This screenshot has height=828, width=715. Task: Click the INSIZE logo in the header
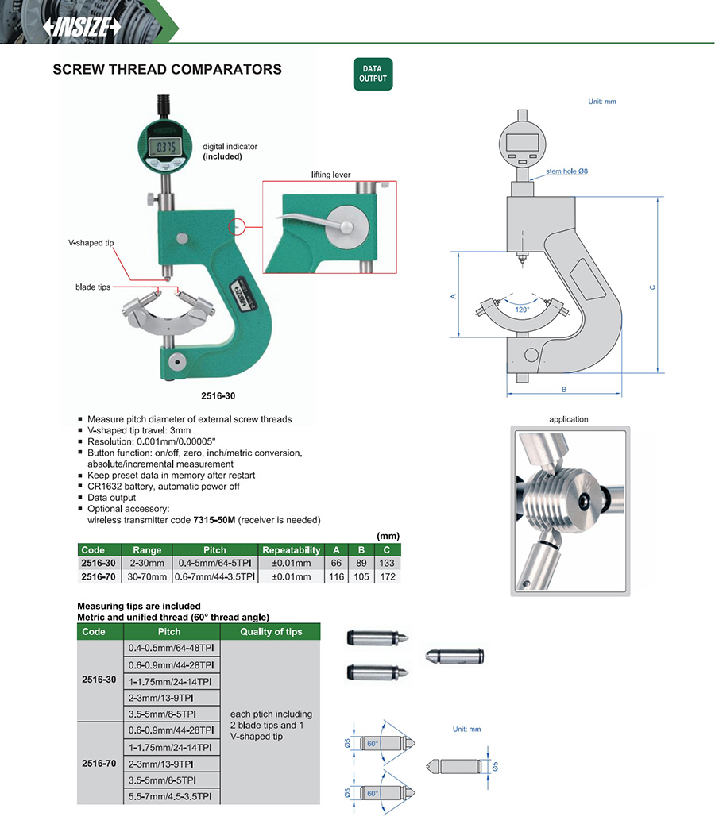pyautogui.click(x=82, y=27)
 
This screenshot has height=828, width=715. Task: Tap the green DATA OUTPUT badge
pyautogui.click(x=373, y=74)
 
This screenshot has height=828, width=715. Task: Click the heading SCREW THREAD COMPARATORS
pyautogui.click(x=167, y=70)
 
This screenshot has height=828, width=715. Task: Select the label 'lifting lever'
pyautogui.click(x=331, y=174)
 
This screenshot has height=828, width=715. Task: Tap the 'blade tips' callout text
pyautogui.click(x=93, y=287)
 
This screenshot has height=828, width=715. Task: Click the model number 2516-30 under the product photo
pyautogui.click(x=218, y=395)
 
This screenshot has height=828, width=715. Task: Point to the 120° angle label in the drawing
pyautogui.click(x=521, y=310)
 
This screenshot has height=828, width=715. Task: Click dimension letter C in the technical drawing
pyautogui.click(x=651, y=287)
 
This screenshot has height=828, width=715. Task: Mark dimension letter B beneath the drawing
pyautogui.click(x=563, y=390)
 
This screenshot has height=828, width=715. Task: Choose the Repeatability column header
pyautogui.click(x=292, y=549)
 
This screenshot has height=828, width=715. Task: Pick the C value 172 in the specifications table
pyautogui.click(x=387, y=576)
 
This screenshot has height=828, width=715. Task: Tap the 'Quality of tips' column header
pyautogui.click(x=271, y=632)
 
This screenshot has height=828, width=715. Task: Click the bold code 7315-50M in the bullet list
pyautogui.click(x=210, y=520)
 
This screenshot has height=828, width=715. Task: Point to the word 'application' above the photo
pyautogui.click(x=569, y=419)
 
